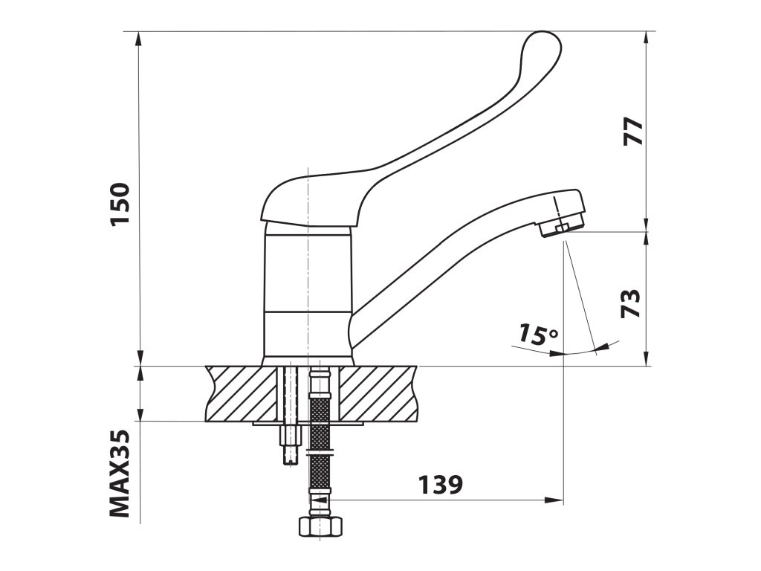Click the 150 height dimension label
(120, 204)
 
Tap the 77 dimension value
(633, 131)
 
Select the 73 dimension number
(631, 303)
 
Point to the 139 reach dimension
(441, 484)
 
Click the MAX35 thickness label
(120, 474)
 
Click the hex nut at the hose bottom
(320, 527)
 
